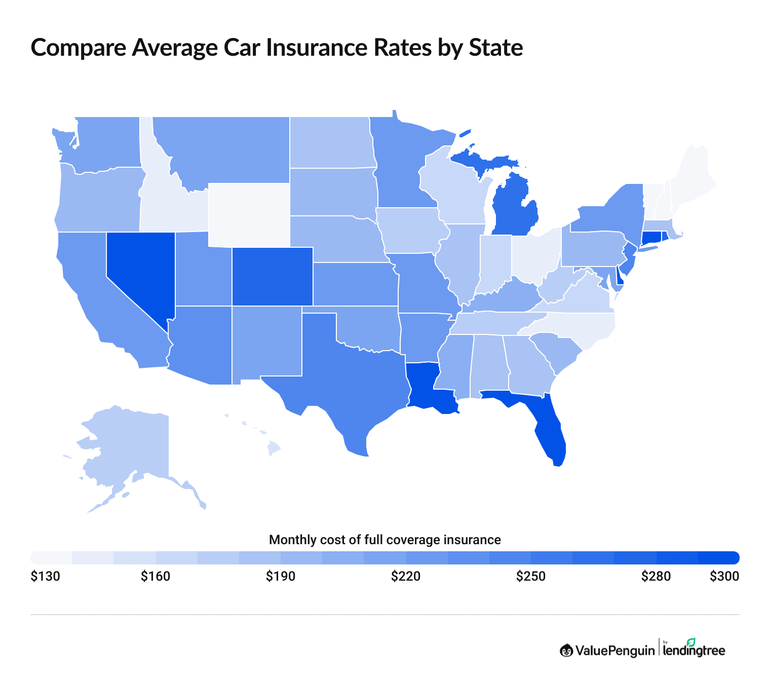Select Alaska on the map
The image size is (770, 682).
coord(132,446)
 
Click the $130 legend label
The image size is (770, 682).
coord(45,577)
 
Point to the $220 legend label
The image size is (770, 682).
coord(406,577)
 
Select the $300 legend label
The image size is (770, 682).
coord(724,577)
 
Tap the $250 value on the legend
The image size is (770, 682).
coord(531,577)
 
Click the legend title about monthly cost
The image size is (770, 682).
coord(384,540)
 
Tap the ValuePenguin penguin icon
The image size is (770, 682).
coord(566,650)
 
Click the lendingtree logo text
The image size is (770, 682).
coord(694,651)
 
